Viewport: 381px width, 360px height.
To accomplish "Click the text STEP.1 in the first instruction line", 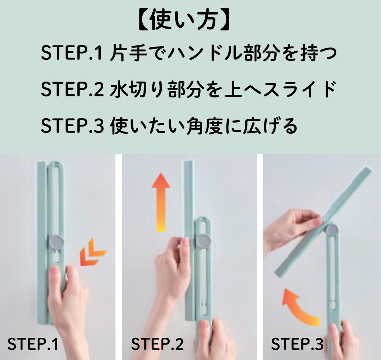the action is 72,53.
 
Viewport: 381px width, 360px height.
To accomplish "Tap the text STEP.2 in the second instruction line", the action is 72,89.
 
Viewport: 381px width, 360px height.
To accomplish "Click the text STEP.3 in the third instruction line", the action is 72,126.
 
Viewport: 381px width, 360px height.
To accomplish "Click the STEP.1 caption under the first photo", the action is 33,344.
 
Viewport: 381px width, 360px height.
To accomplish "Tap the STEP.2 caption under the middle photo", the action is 157,344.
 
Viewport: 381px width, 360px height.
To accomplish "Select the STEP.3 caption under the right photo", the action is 297,344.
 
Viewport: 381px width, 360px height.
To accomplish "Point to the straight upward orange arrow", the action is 161,202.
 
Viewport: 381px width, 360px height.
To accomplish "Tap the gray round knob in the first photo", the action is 57,242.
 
